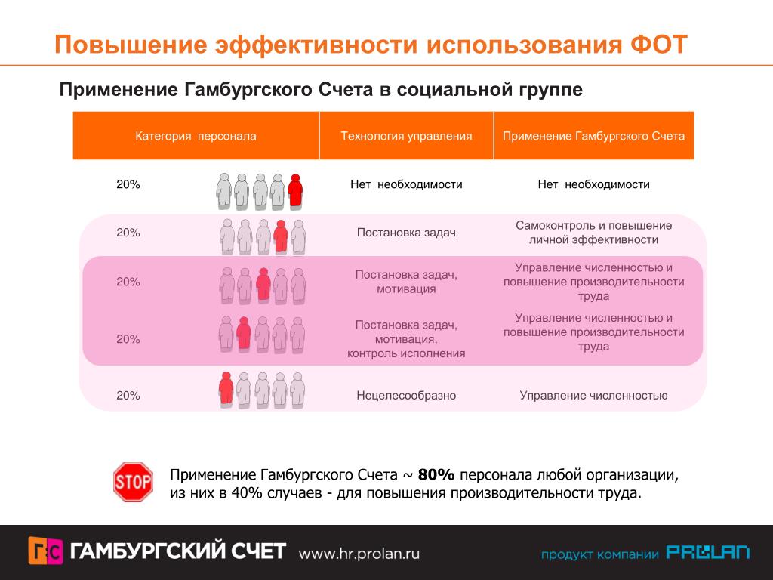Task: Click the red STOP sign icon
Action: (x=133, y=482)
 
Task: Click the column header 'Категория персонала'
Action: (x=196, y=137)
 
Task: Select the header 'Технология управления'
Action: (x=406, y=137)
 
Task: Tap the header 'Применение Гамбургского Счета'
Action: (x=594, y=137)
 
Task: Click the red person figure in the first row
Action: (x=295, y=191)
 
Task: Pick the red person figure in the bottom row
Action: (x=225, y=390)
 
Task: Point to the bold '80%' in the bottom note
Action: (x=436, y=475)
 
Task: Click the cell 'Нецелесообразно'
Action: (x=406, y=395)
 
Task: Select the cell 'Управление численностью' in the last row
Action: (x=594, y=395)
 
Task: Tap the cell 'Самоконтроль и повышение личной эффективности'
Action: (x=594, y=233)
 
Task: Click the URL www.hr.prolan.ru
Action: (x=359, y=553)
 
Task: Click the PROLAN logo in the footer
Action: (x=708, y=553)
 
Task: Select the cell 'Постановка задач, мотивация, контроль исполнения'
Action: (x=406, y=339)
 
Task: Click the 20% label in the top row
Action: (x=128, y=184)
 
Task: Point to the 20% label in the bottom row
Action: (x=128, y=395)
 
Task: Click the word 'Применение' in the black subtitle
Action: (x=117, y=90)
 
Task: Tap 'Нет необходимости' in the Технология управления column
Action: (x=406, y=184)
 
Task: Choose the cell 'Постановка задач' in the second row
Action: (x=406, y=233)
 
